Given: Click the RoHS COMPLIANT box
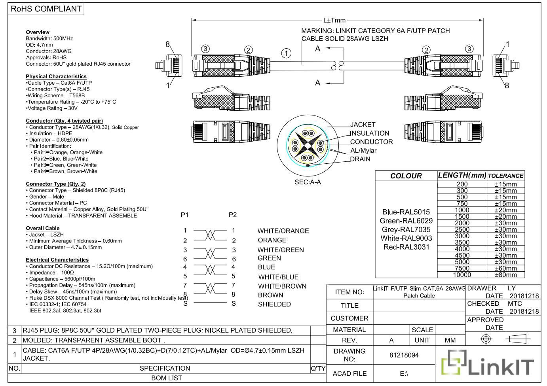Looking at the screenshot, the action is pos(46,9).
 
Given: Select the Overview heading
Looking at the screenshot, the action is pos(38,32).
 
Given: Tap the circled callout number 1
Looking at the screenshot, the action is pos(286,53).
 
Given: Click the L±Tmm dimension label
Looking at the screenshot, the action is pos(334,20).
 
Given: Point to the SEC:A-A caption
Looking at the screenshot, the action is pos(308,182).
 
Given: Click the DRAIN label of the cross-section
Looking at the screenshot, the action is pos(360,159).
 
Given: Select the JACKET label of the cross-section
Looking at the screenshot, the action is pos(363,125).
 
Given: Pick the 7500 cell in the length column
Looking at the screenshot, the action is pos(462,268).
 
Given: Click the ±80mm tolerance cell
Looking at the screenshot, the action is pos(506,275).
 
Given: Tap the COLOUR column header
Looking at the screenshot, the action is pos(406,176).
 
